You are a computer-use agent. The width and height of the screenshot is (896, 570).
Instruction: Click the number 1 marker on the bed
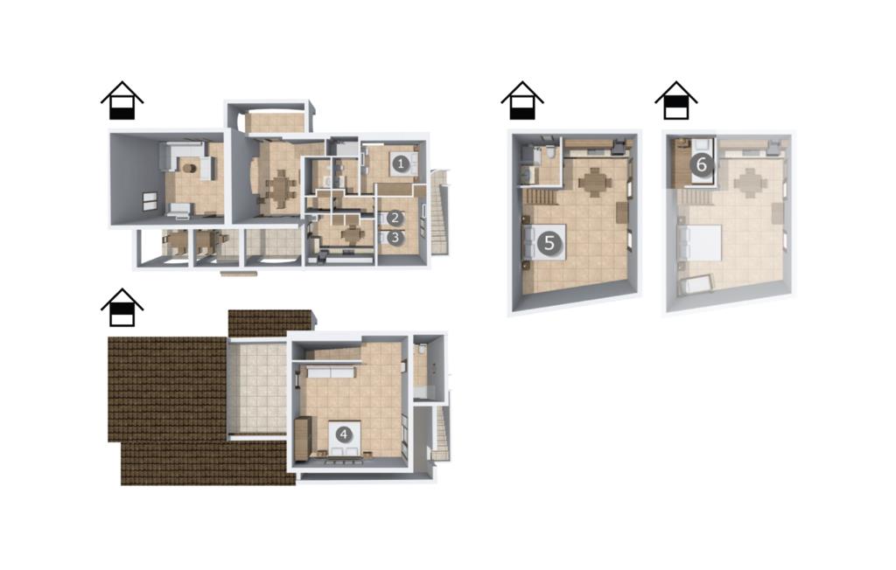401,163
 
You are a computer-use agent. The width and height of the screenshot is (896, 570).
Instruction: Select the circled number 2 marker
395,218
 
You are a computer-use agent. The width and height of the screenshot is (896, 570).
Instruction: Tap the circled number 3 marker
395,237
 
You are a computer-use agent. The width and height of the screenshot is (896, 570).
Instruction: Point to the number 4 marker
343,434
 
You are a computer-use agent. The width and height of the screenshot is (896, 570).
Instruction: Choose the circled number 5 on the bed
549,243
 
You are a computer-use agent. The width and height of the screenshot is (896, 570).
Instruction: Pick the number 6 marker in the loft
701,165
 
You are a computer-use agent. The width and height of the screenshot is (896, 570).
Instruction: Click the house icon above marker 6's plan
676,101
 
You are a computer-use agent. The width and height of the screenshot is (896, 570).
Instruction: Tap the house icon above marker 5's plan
522,101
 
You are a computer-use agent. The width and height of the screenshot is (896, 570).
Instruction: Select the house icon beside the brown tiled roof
122,307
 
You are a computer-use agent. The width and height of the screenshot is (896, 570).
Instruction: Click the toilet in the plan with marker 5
549,153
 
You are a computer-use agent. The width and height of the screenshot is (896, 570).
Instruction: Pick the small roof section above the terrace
271,323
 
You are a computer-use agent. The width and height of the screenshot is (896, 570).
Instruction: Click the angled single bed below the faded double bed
696,283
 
